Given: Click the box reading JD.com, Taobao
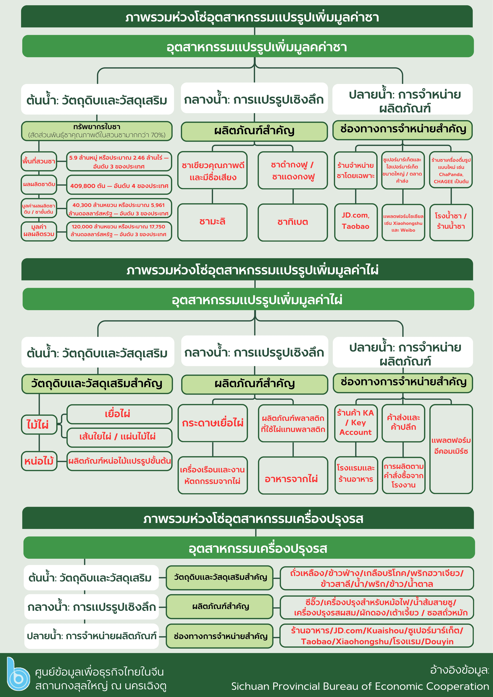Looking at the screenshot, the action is point(356,222).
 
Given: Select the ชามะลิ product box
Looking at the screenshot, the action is point(212,222).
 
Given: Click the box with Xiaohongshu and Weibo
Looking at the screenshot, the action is point(403,223).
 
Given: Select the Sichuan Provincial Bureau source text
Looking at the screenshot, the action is point(360,686).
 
